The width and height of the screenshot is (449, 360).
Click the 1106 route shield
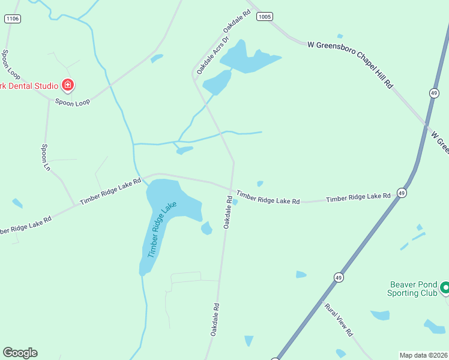(12, 19)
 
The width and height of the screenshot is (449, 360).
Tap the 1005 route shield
(264, 16)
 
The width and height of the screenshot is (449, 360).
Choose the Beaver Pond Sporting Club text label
(412, 289)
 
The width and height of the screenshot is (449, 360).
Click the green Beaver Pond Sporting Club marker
(445, 289)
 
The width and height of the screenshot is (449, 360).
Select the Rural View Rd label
(339, 319)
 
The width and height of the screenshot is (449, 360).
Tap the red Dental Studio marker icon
(68, 85)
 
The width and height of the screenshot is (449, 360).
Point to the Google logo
(20, 353)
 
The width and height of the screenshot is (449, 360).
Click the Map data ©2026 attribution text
(424, 355)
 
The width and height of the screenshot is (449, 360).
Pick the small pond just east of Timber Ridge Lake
(206, 228)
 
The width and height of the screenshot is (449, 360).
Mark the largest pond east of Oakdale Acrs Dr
(248, 59)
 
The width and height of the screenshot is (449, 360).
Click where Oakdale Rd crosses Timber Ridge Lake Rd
(232, 187)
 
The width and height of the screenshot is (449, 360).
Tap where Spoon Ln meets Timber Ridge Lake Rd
(75, 205)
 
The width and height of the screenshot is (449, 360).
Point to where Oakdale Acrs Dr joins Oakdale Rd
(194, 76)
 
